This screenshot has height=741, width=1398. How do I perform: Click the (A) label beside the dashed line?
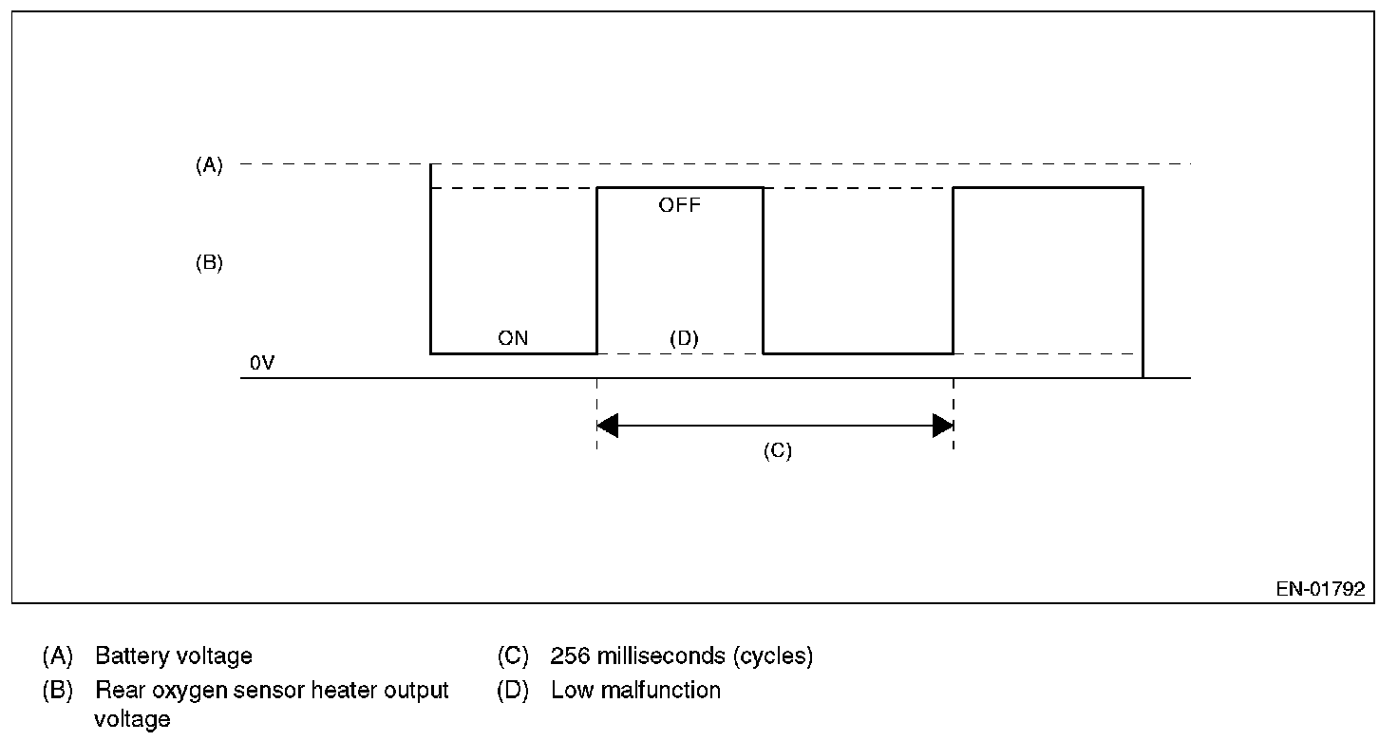click(x=209, y=165)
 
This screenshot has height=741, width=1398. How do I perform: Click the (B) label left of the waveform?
click(x=209, y=263)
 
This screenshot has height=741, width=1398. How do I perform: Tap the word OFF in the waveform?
click(x=679, y=205)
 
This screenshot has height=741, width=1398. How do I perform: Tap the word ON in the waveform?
click(x=513, y=338)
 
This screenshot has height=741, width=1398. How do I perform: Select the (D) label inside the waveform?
click(x=684, y=338)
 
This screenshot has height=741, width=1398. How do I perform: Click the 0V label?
click(x=262, y=364)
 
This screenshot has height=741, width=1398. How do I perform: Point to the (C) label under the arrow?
click(x=777, y=451)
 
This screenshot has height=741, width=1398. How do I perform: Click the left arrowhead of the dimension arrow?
click(x=608, y=426)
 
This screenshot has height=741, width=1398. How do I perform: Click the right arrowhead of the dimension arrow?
click(x=942, y=426)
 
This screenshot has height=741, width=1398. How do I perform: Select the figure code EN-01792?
click(x=1320, y=589)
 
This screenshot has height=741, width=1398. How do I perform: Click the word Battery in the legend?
click(x=127, y=656)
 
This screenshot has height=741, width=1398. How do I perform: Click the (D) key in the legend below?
click(x=513, y=691)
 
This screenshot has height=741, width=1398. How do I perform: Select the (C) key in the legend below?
click(x=513, y=656)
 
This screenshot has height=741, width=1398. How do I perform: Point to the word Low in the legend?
click(x=569, y=691)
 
